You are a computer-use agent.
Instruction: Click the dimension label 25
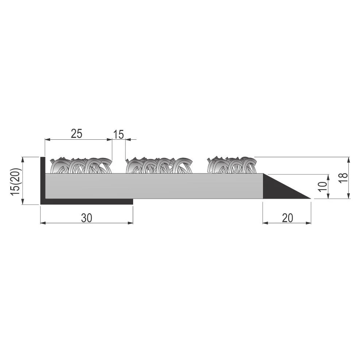tap(77, 133)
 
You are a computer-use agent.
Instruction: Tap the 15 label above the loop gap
tap(119, 135)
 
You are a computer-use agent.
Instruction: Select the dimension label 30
tap(86, 218)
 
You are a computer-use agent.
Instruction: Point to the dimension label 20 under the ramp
tap(287, 218)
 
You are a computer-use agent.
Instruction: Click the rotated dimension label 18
tap(344, 178)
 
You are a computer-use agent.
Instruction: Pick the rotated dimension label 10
tap(323, 186)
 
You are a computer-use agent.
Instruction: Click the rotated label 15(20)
tap(16, 182)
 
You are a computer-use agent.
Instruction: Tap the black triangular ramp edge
tap(280, 188)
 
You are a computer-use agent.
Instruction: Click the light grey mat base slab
tap(154, 186)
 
